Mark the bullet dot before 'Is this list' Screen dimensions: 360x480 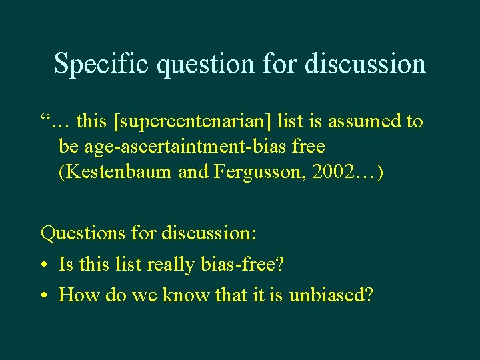(44, 265)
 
